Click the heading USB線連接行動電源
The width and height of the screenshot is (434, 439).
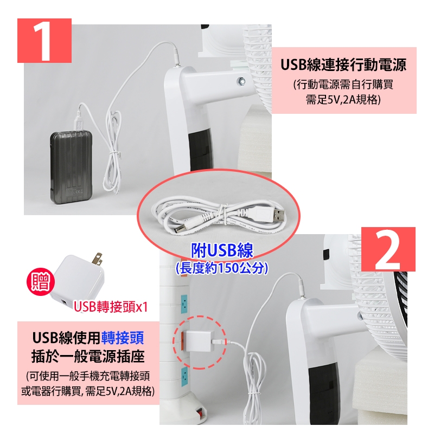point(343,66)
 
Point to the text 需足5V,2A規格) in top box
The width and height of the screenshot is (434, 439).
point(343,99)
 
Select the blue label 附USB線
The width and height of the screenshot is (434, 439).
point(222,250)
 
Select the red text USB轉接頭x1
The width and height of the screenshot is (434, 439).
point(111,307)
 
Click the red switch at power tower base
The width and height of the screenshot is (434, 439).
point(198,413)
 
